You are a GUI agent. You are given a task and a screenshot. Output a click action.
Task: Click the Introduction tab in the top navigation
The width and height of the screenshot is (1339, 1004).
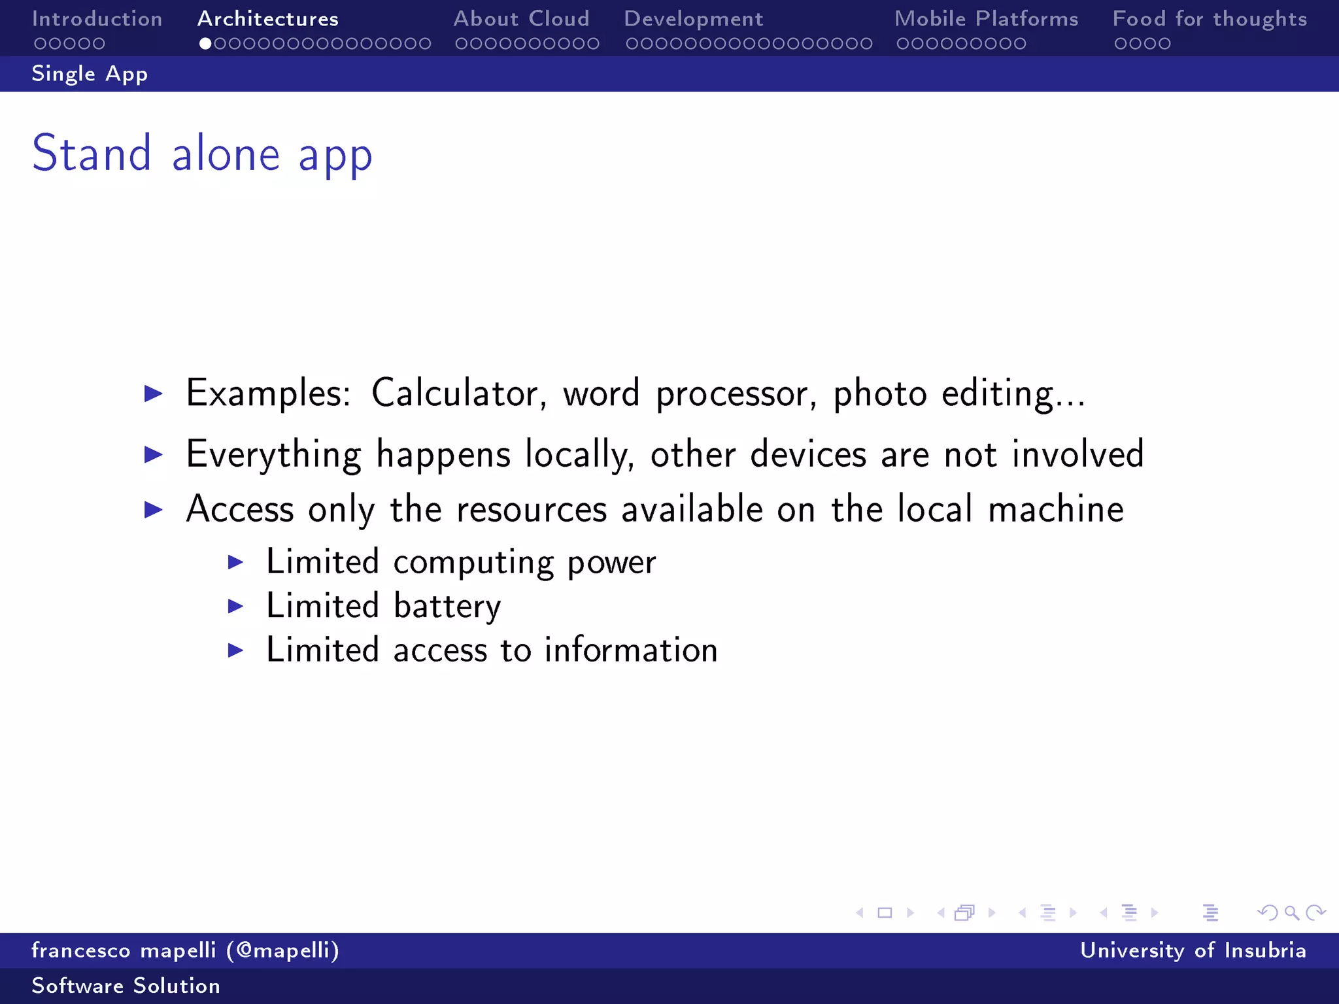click(x=97, y=19)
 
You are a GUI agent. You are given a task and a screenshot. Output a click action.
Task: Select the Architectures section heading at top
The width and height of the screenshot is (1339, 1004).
click(x=268, y=19)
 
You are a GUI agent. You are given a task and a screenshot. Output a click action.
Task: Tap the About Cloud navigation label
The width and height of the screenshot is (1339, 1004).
click(x=521, y=19)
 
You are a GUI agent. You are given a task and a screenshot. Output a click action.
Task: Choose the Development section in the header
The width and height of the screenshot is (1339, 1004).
click(x=693, y=19)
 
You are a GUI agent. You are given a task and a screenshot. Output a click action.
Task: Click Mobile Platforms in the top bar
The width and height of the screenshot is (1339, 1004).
click(x=986, y=19)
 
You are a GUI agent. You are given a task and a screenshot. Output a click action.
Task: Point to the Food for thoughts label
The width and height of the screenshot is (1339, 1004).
click(x=1210, y=19)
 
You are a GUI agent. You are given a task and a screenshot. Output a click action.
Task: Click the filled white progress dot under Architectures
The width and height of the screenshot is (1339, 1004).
click(x=205, y=44)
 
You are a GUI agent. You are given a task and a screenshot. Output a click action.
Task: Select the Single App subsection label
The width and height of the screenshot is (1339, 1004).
click(x=90, y=74)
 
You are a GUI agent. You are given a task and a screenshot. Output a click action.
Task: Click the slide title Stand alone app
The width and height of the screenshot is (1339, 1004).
click(x=202, y=154)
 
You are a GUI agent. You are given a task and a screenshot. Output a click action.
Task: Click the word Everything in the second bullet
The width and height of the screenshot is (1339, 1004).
click(x=273, y=454)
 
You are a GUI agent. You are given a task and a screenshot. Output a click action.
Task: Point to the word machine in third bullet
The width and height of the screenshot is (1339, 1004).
click(x=1055, y=509)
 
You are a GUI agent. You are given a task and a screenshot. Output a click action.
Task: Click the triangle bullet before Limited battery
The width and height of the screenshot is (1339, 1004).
click(x=236, y=607)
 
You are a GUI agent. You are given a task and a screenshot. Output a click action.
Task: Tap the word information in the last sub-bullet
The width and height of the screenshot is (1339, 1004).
click(x=631, y=650)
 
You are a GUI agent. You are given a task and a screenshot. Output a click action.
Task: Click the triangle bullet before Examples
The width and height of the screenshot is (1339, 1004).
click(x=154, y=393)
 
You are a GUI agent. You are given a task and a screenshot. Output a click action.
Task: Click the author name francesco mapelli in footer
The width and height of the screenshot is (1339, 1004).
click(x=124, y=950)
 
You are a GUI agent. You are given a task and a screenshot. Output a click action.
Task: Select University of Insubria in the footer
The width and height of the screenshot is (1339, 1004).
click(x=1193, y=950)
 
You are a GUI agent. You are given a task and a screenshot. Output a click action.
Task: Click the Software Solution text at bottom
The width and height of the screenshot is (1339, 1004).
click(x=126, y=986)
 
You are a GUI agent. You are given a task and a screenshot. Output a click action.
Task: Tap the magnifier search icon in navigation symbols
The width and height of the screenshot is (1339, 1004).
click(x=1291, y=912)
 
